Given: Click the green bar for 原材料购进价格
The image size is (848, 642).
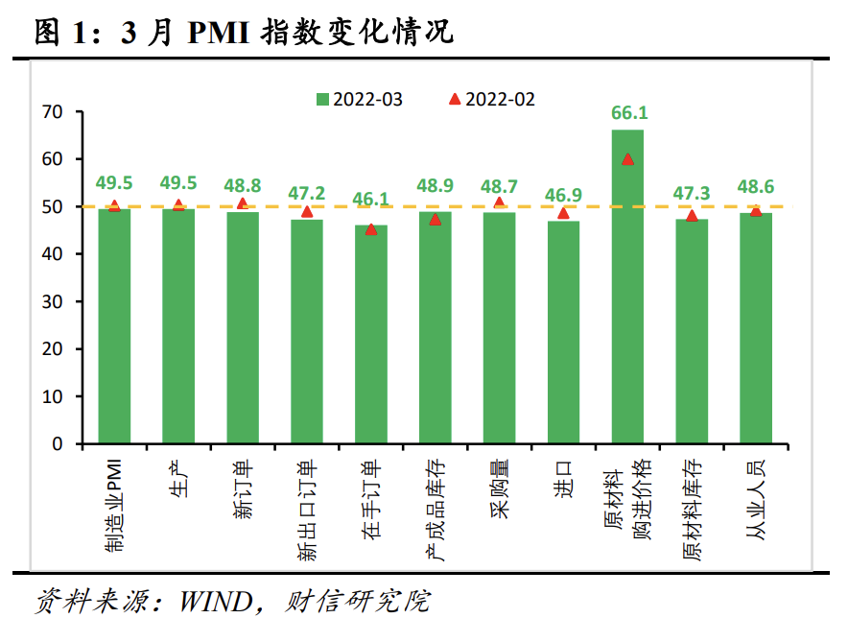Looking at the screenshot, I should tap(627, 288).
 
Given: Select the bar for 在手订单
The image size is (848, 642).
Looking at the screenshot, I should tap(370, 335).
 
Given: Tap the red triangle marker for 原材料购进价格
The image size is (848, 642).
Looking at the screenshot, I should tap(627, 159).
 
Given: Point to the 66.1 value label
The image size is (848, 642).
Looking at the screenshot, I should tap(628, 113).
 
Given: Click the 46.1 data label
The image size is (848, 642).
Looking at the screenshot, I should tap(371, 200).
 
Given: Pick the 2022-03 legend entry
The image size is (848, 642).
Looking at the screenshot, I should tap(360, 99).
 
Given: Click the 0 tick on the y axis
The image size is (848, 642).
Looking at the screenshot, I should tap(57, 444).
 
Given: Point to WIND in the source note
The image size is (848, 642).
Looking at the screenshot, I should tap(213, 602).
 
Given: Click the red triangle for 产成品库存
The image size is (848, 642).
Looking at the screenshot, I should tap(435, 219).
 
